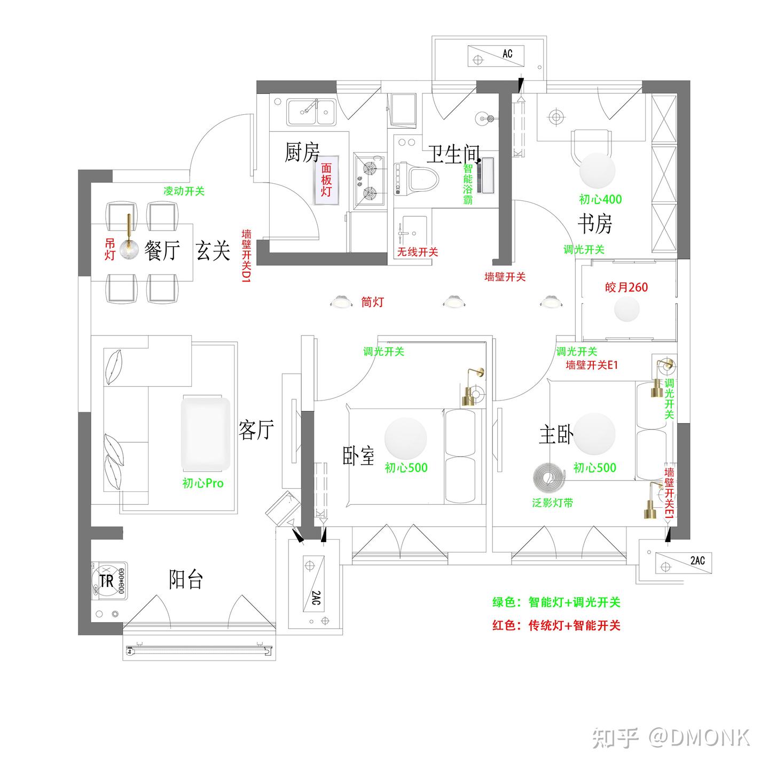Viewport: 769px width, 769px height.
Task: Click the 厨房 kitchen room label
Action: (302, 152)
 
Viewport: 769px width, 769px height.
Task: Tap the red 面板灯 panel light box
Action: (326, 180)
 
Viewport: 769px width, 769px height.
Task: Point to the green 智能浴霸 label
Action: (468, 184)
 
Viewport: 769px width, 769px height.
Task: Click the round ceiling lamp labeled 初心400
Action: (597, 170)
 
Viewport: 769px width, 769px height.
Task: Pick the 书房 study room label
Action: (594, 224)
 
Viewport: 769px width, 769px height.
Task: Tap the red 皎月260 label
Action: (626, 287)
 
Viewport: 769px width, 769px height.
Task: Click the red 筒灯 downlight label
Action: (372, 302)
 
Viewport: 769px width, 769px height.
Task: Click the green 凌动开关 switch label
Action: (184, 191)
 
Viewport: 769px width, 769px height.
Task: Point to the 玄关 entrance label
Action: (213, 250)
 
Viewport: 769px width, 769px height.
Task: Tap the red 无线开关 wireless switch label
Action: (418, 252)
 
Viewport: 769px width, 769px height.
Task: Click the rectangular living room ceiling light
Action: (206, 434)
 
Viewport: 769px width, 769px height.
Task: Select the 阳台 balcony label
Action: (185, 579)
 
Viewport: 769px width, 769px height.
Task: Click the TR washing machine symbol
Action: (109, 581)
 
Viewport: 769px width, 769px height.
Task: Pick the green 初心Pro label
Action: (203, 483)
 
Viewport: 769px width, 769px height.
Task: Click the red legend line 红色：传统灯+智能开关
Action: (556, 625)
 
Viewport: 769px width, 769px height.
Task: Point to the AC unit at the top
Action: (496, 56)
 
